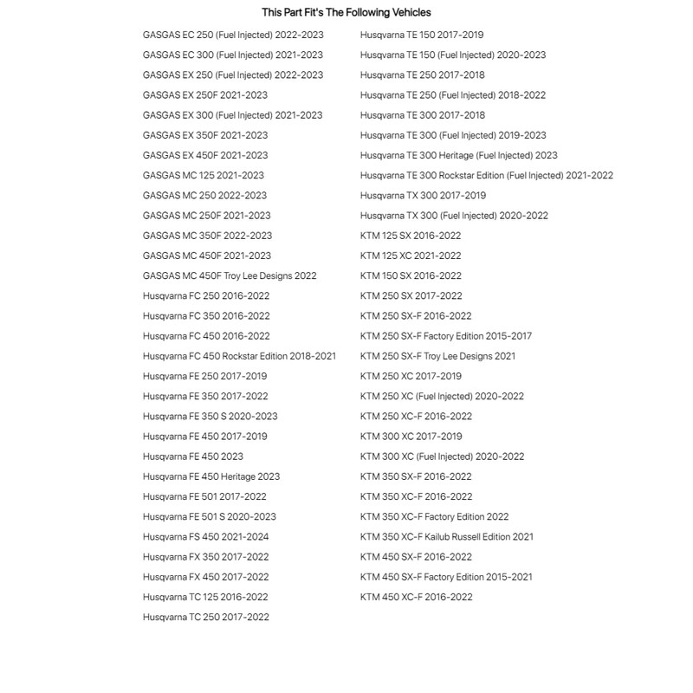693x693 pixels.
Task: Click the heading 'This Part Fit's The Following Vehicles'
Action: click(346, 12)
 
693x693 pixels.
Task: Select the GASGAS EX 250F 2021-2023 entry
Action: click(204, 95)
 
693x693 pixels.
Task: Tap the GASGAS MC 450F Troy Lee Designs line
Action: click(230, 275)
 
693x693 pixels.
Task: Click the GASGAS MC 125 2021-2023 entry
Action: click(203, 175)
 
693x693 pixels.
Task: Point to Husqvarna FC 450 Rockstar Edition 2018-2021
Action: click(239, 356)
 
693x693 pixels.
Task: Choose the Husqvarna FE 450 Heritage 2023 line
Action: click(210, 476)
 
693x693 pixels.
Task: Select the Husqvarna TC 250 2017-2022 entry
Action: click(205, 617)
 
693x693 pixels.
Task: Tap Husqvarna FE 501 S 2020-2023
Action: click(209, 516)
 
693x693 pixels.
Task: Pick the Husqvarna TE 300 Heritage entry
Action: click(458, 155)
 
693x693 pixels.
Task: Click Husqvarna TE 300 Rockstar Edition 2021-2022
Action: click(486, 175)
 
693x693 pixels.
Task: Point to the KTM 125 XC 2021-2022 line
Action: click(411, 256)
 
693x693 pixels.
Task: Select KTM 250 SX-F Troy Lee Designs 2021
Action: click(437, 356)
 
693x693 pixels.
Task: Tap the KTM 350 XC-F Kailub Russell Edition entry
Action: click(446, 536)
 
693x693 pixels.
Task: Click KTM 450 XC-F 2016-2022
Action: click(416, 597)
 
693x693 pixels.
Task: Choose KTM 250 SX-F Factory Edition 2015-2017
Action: click(446, 336)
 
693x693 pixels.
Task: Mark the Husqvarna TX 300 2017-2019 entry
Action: click(423, 195)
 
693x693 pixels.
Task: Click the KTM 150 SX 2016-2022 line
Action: click(411, 275)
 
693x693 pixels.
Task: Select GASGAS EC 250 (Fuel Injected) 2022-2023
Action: click(232, 35)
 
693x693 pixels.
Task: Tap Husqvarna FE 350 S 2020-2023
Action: click(210, 416)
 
